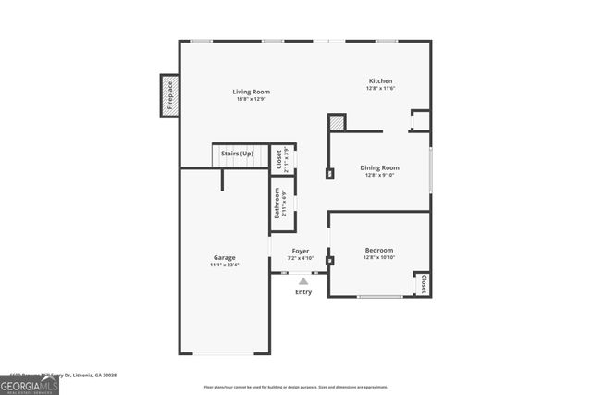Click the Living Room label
pyautogui.click(x=251, y=92)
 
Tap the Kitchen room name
pyautogui.click(x=380, y=81)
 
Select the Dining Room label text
pyautogui.click(x=379, y=167)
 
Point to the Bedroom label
pyautogui.click(x=378, y=250)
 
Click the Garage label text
pyautogui.click(x=224, y=257)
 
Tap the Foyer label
pyautogui.click(x=301, y=251)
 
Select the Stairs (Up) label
pyautogui.click(x=237, y=153)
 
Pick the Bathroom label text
pyautogui.click(x=276, y=204)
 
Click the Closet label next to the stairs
pyautogui.click(x=279, y=159)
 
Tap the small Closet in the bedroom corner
pyautogui.click(x=423, y=283)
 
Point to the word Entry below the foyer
pyautogui.click(x=303, y=292)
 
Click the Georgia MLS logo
pyautogui.click(x=30, y=383)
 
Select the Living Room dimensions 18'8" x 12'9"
pyautogui.click(x=251, y=99)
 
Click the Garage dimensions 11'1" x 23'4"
pyautogui.click(x=224, y=265)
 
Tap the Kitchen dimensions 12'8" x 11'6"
pyautogui.click(x=380, y=89)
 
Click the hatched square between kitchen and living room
pyautogui.click(x=337, y=122)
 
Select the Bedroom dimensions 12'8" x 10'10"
pyautogui.click(x=378, y=257)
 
